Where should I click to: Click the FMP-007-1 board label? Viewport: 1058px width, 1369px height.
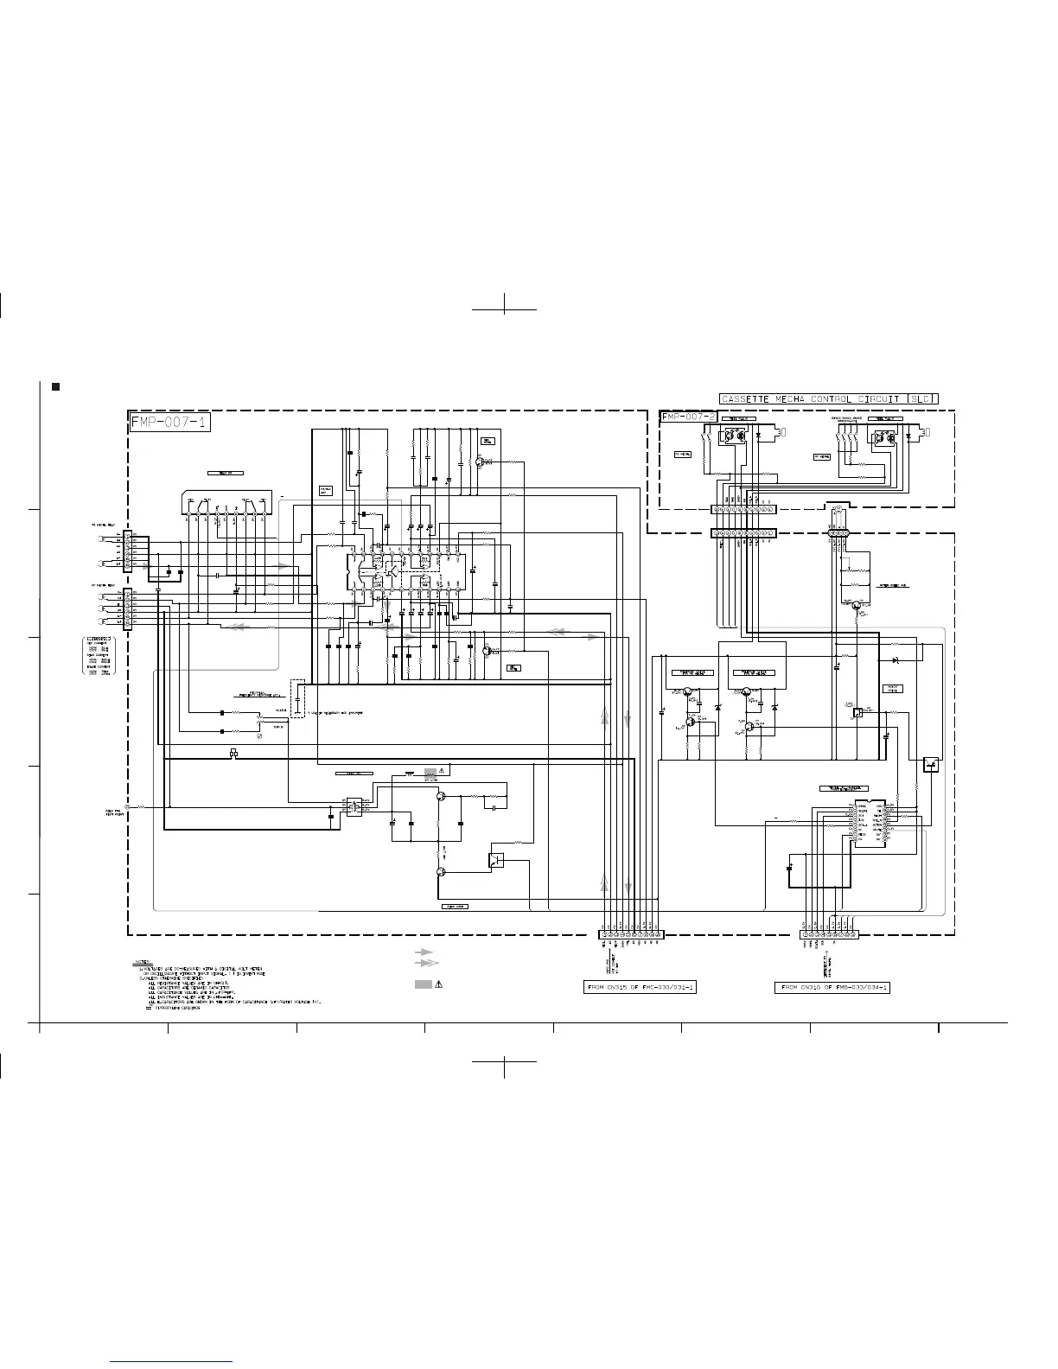click(169, 423)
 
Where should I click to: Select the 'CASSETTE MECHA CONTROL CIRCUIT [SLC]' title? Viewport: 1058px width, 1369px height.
click(828, 399)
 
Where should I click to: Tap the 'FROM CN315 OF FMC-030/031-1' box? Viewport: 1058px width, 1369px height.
click(640, 987)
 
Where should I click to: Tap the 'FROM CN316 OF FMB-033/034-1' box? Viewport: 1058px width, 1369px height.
click(832, 987)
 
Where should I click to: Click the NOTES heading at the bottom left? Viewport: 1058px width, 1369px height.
click(143, 961)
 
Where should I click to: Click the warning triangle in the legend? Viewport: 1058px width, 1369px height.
click(440, 984)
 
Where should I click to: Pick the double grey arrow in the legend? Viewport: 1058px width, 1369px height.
click(426, 963)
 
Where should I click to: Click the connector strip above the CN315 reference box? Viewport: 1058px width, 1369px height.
click(631, 934)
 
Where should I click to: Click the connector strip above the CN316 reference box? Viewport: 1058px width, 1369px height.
click(829, 934)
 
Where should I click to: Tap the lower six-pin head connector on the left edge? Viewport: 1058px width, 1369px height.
click(128, 608)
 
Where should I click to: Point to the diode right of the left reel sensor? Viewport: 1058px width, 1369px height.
click(758, 436)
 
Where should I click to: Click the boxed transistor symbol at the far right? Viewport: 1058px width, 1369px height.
click(930, 764)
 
